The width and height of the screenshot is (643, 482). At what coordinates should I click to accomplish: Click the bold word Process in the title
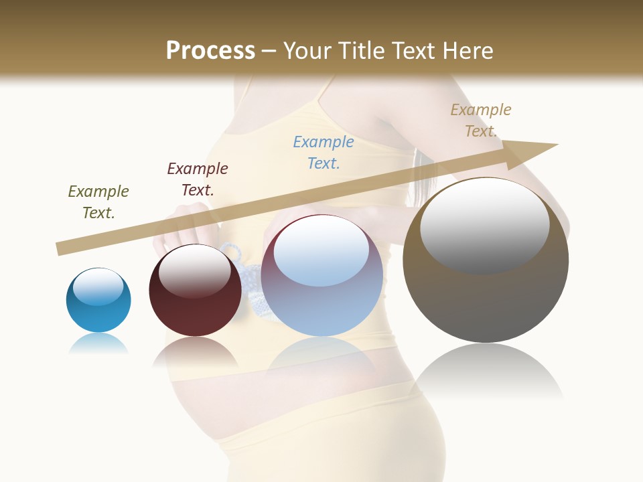210,50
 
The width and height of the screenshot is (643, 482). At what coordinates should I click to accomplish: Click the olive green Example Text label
98,202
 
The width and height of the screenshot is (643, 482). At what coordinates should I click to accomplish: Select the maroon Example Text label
198,179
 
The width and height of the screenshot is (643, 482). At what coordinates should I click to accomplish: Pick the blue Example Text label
324,152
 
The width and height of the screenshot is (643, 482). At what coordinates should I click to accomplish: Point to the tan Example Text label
481,120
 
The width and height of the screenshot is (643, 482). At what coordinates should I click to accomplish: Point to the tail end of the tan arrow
60,249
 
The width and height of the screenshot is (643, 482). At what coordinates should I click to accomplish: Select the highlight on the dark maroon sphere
195,270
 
